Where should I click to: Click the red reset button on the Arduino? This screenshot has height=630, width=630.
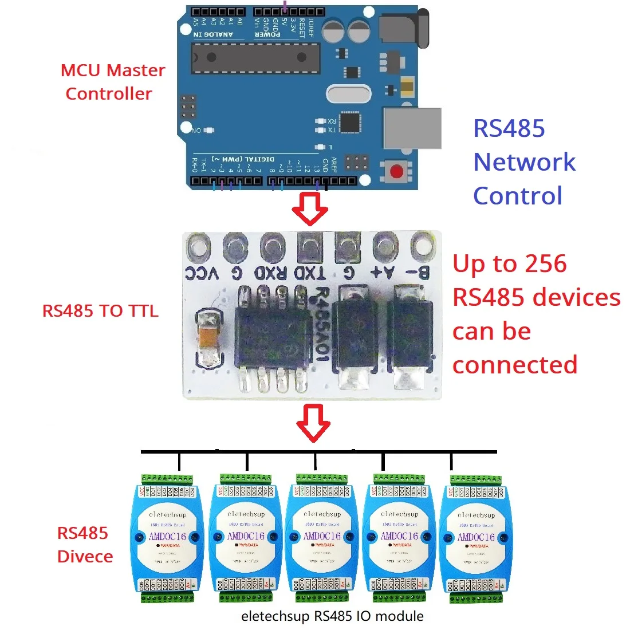(x=396, y=171)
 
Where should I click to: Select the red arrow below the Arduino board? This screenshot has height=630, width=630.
(x=310, y=208)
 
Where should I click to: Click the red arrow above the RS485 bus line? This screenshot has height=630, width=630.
(x=313, y=423)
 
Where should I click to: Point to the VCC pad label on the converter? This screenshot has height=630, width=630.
(x=202, y=273)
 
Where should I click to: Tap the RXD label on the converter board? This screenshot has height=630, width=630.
(x=270, y=273)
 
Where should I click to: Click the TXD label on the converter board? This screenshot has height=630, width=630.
(x=309, y=273)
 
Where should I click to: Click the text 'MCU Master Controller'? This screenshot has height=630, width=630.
(x=112, y=82)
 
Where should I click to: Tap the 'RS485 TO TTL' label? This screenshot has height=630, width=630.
(x=100, y=311)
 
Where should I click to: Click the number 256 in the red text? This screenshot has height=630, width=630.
(x=545, y=264)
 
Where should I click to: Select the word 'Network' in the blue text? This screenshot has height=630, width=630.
(x=524, y=162)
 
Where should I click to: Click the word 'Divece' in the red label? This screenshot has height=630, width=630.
(x=85, y=557)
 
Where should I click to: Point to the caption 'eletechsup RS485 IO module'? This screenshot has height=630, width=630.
(x=332, y=616)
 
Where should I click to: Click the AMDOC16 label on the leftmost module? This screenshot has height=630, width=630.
(x=167, y=537)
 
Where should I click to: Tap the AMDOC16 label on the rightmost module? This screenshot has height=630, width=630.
(x=475, y=537)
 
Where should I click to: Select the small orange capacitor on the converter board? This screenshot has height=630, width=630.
(x=208, y=338)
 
